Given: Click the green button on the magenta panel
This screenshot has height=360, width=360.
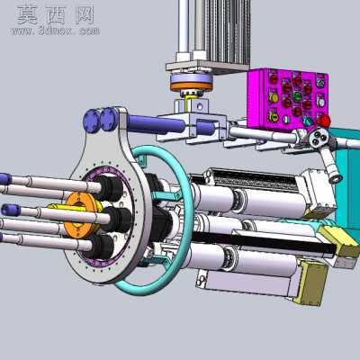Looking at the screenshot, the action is coord(297,96).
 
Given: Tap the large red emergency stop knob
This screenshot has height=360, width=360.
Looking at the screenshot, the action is coord(323,121).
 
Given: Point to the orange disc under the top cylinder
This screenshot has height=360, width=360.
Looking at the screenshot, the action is coord(192,86).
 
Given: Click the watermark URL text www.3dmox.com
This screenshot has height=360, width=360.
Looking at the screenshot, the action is coord(56,31).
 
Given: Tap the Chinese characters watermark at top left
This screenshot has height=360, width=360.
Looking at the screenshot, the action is coord(56,15).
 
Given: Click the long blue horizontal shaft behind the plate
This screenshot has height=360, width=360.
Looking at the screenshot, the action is coord(156,124).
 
